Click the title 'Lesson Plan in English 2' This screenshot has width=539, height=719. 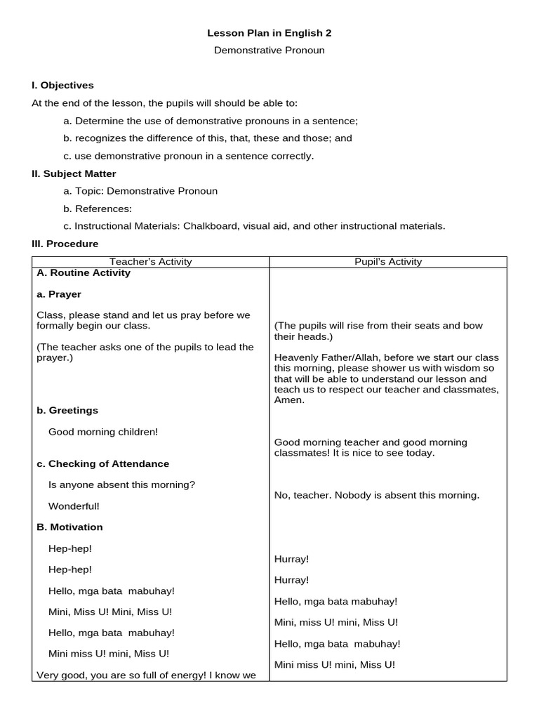click(x=269, y=32)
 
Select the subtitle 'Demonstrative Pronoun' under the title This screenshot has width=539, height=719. click(x=269, y=51)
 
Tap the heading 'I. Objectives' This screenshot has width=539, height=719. click(x=62, y=85)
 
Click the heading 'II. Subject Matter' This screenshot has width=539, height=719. click(x=74, y=173)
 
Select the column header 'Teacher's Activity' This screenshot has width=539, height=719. click(x=151, y=262)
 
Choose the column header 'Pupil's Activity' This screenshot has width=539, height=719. click(x=388, y=262)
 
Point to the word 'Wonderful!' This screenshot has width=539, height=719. click(x=74, y=506)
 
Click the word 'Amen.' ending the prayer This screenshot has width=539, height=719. click(x=289, y=400)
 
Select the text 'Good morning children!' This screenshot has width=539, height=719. click(x=103, y=432)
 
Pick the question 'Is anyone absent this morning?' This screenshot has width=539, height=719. click(x=121, y=484)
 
